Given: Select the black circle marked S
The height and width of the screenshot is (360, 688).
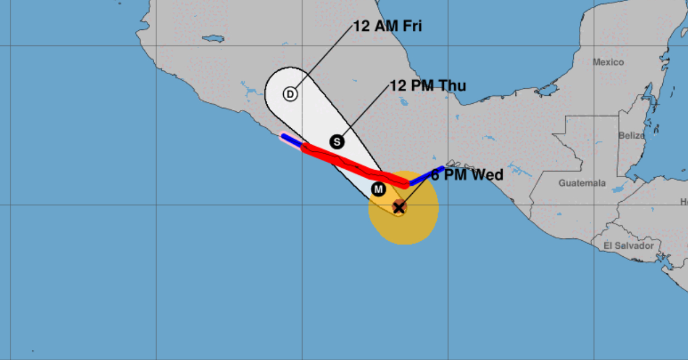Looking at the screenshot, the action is coord(337,141).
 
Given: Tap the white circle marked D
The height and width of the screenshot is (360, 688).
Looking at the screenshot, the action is coord(290,93).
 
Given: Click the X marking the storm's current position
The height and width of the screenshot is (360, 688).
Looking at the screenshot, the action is coord(399,208).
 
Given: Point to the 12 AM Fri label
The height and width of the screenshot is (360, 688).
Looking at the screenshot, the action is coord(388,26).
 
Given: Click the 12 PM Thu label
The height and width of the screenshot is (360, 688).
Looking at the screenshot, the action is coord(428,86).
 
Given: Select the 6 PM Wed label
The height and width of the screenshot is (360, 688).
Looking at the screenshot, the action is coord(467,175).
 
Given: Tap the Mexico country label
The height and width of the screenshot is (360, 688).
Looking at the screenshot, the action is coord(608,62).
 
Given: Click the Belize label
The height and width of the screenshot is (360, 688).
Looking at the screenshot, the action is coord(631,136).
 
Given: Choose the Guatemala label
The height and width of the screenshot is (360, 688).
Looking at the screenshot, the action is coord(582,183).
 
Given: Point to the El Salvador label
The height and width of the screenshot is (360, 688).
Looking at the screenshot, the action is coord(628,245).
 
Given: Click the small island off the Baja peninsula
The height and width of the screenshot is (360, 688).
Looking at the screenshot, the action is coord(212,38).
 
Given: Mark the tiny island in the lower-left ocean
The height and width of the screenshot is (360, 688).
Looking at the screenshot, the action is coord(33,351).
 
